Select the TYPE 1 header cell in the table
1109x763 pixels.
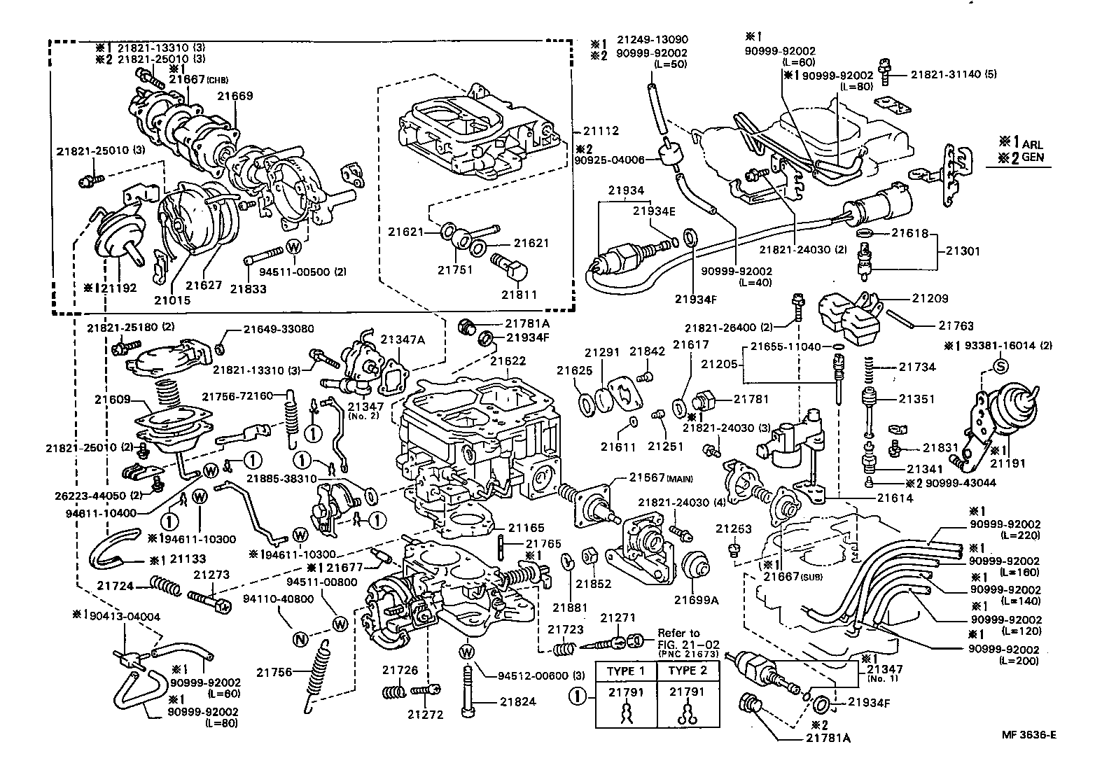coord(626,670)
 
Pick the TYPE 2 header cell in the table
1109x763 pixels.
coord(688,670)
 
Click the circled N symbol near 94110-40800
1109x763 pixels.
coord(300,638)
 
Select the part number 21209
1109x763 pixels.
coord(930,298)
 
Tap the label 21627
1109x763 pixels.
coord(204,285)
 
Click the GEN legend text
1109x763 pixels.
coord(1032,157)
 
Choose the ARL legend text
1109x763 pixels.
coord(1032,144)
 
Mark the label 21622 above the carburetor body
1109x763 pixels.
coord(508,361)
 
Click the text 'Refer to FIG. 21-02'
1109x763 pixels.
coord(678,638)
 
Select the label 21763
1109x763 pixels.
coord(956,325)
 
